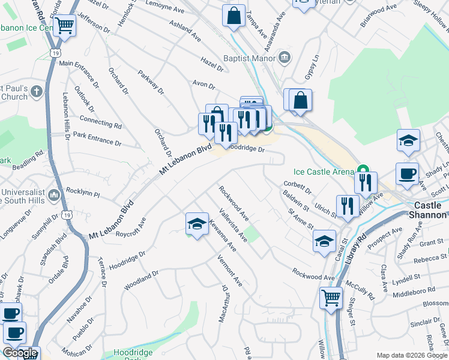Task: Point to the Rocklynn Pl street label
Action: (83, 195)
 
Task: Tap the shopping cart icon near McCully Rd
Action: (331, 298)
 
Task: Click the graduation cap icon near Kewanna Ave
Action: (197, 224)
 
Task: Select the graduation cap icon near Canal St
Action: (324, 241)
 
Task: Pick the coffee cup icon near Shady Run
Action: (407, 173)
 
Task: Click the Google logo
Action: (20, 353)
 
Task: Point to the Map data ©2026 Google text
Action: (412, 355)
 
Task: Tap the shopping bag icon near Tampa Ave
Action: (234, 16)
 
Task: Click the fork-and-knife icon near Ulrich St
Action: (348, 206)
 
